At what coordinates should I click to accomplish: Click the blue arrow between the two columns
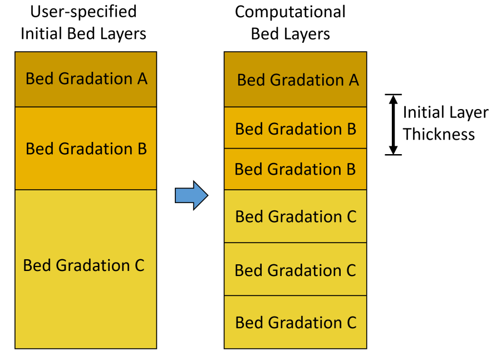tap(191, 195)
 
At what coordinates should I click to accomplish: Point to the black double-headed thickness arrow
tap(394, 125)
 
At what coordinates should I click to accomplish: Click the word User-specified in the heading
tap(83, 12)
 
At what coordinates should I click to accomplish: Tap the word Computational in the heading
tap(290, 12)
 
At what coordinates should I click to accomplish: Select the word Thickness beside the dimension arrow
tap(439, 134)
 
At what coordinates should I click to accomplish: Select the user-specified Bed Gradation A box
tap(86, 79)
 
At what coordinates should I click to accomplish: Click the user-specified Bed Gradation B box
tap(86, 149)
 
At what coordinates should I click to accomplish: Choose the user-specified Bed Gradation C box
tap(86, 269)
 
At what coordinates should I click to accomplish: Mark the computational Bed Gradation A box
tap(295, 79)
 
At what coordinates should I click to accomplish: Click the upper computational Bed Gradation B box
tap(295, 128)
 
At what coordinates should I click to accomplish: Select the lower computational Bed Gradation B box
tap(295, 169)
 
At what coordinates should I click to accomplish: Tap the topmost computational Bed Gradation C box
tap(295, 216)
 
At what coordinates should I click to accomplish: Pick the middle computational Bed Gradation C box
tap(295, 269)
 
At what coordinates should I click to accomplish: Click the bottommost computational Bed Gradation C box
tap(295, 322)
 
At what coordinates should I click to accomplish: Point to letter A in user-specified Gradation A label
tap(143, 78)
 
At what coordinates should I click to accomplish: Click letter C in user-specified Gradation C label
tap(139, 265)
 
